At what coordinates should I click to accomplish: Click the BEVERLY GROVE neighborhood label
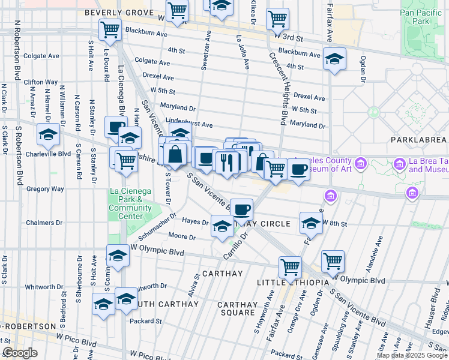[x=115, y=12]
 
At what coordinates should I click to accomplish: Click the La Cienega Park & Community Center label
[x=130, y=204]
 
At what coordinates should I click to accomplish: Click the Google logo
[x=20, y=353]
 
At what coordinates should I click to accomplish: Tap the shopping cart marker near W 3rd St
[x=277, y=19]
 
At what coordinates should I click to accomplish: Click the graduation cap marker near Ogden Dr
[x=334, y=59]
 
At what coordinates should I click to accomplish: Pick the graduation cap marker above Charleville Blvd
[x=48, y=134]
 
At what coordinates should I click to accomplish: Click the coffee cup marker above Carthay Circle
[x=241, y=209]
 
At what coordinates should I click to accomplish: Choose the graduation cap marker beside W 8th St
[x=311, y=224]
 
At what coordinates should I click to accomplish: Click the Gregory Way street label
[x=45, y=189]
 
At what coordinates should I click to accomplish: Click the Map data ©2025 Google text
[x=412, y=355]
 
